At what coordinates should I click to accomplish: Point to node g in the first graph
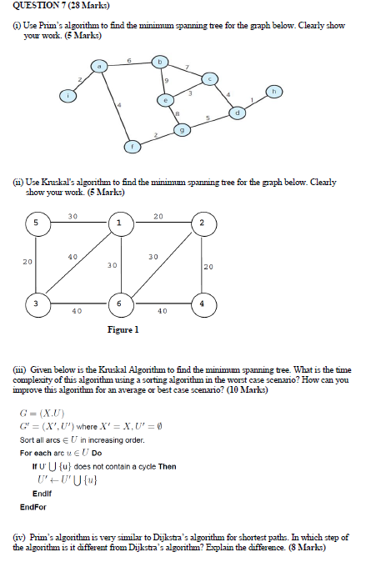pos(183,130)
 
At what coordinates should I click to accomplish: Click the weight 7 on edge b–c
pos(188,66)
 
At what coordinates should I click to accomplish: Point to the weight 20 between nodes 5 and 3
pos(27,261)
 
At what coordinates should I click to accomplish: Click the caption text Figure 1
pos(123,330)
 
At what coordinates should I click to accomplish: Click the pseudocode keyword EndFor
pos(33,507)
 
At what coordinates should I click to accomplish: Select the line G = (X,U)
pos(42,414)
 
